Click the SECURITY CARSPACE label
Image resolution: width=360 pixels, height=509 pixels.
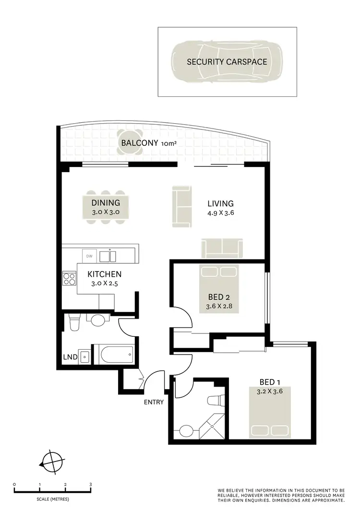[x=227, y=62]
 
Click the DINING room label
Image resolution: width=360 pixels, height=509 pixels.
[x=106, y=203]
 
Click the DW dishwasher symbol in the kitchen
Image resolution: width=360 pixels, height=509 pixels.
[x=89, y=256]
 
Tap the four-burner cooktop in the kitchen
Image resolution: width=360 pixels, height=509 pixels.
[x=70, y=279]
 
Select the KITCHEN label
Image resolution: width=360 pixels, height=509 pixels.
[x=104, y=274]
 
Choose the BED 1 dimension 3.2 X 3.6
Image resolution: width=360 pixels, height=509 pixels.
[x=269, y=391]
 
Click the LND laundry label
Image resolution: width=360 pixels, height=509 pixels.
[x=70, y=357]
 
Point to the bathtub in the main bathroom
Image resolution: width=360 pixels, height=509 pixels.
[x=116, y=355]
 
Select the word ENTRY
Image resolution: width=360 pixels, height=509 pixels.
[x=154, y=402]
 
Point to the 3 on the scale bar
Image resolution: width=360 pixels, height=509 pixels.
[x=91, y=485]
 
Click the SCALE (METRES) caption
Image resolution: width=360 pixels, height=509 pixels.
[x=53, y=499]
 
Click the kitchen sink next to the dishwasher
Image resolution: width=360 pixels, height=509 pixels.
[x=108, y=256]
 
